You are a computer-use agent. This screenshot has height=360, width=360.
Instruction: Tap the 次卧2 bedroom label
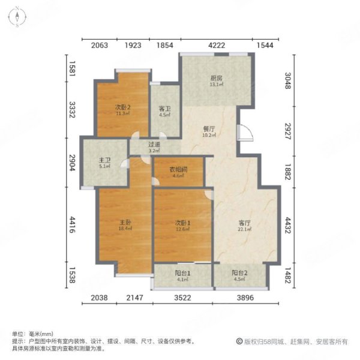(123, 107)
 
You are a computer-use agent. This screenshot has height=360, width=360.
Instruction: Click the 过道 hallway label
(154, 145)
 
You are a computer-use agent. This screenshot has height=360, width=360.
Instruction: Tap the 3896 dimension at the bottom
(246, 298)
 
